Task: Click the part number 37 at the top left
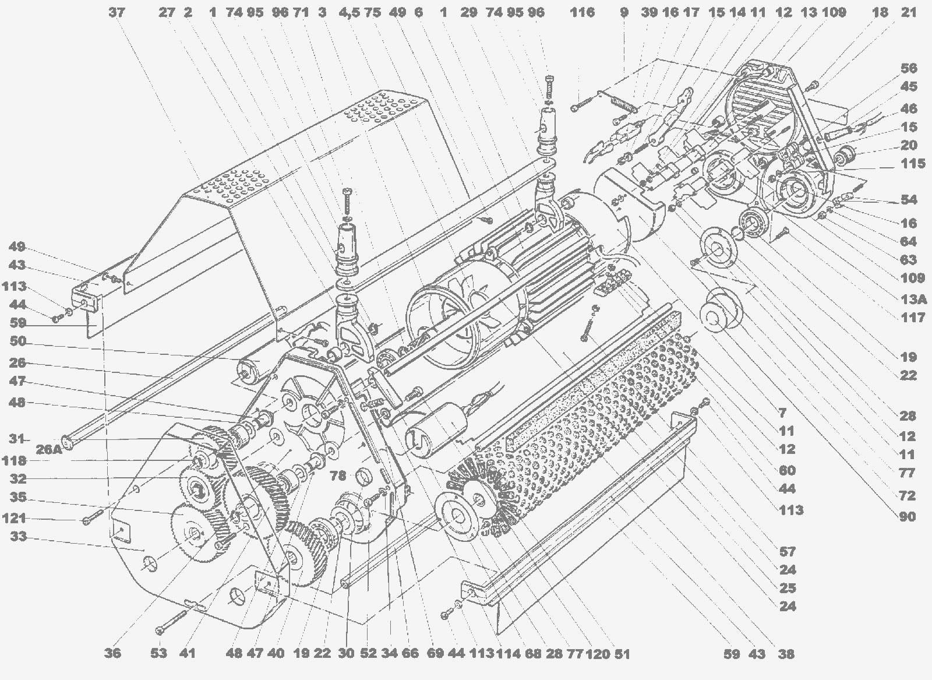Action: click(116, 13)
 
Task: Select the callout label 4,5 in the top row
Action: click(349, 13)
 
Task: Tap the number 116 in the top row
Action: click(582, 13)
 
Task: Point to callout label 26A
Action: click(49, 449)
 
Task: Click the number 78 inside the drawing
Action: click(338, 475)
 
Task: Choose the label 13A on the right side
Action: click(913, 299)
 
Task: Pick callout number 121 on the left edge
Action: click(15, 518)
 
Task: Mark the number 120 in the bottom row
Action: click(598, 654)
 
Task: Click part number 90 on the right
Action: click(908, 516)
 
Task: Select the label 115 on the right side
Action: click(913, 163)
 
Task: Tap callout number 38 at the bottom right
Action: click(786, 654)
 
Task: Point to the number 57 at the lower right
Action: click(787, 551)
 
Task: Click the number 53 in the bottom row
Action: click(158, 653)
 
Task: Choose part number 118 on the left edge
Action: click(15, 461)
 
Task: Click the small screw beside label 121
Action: click(93, 517)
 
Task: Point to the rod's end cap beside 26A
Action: click(68, 441)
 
